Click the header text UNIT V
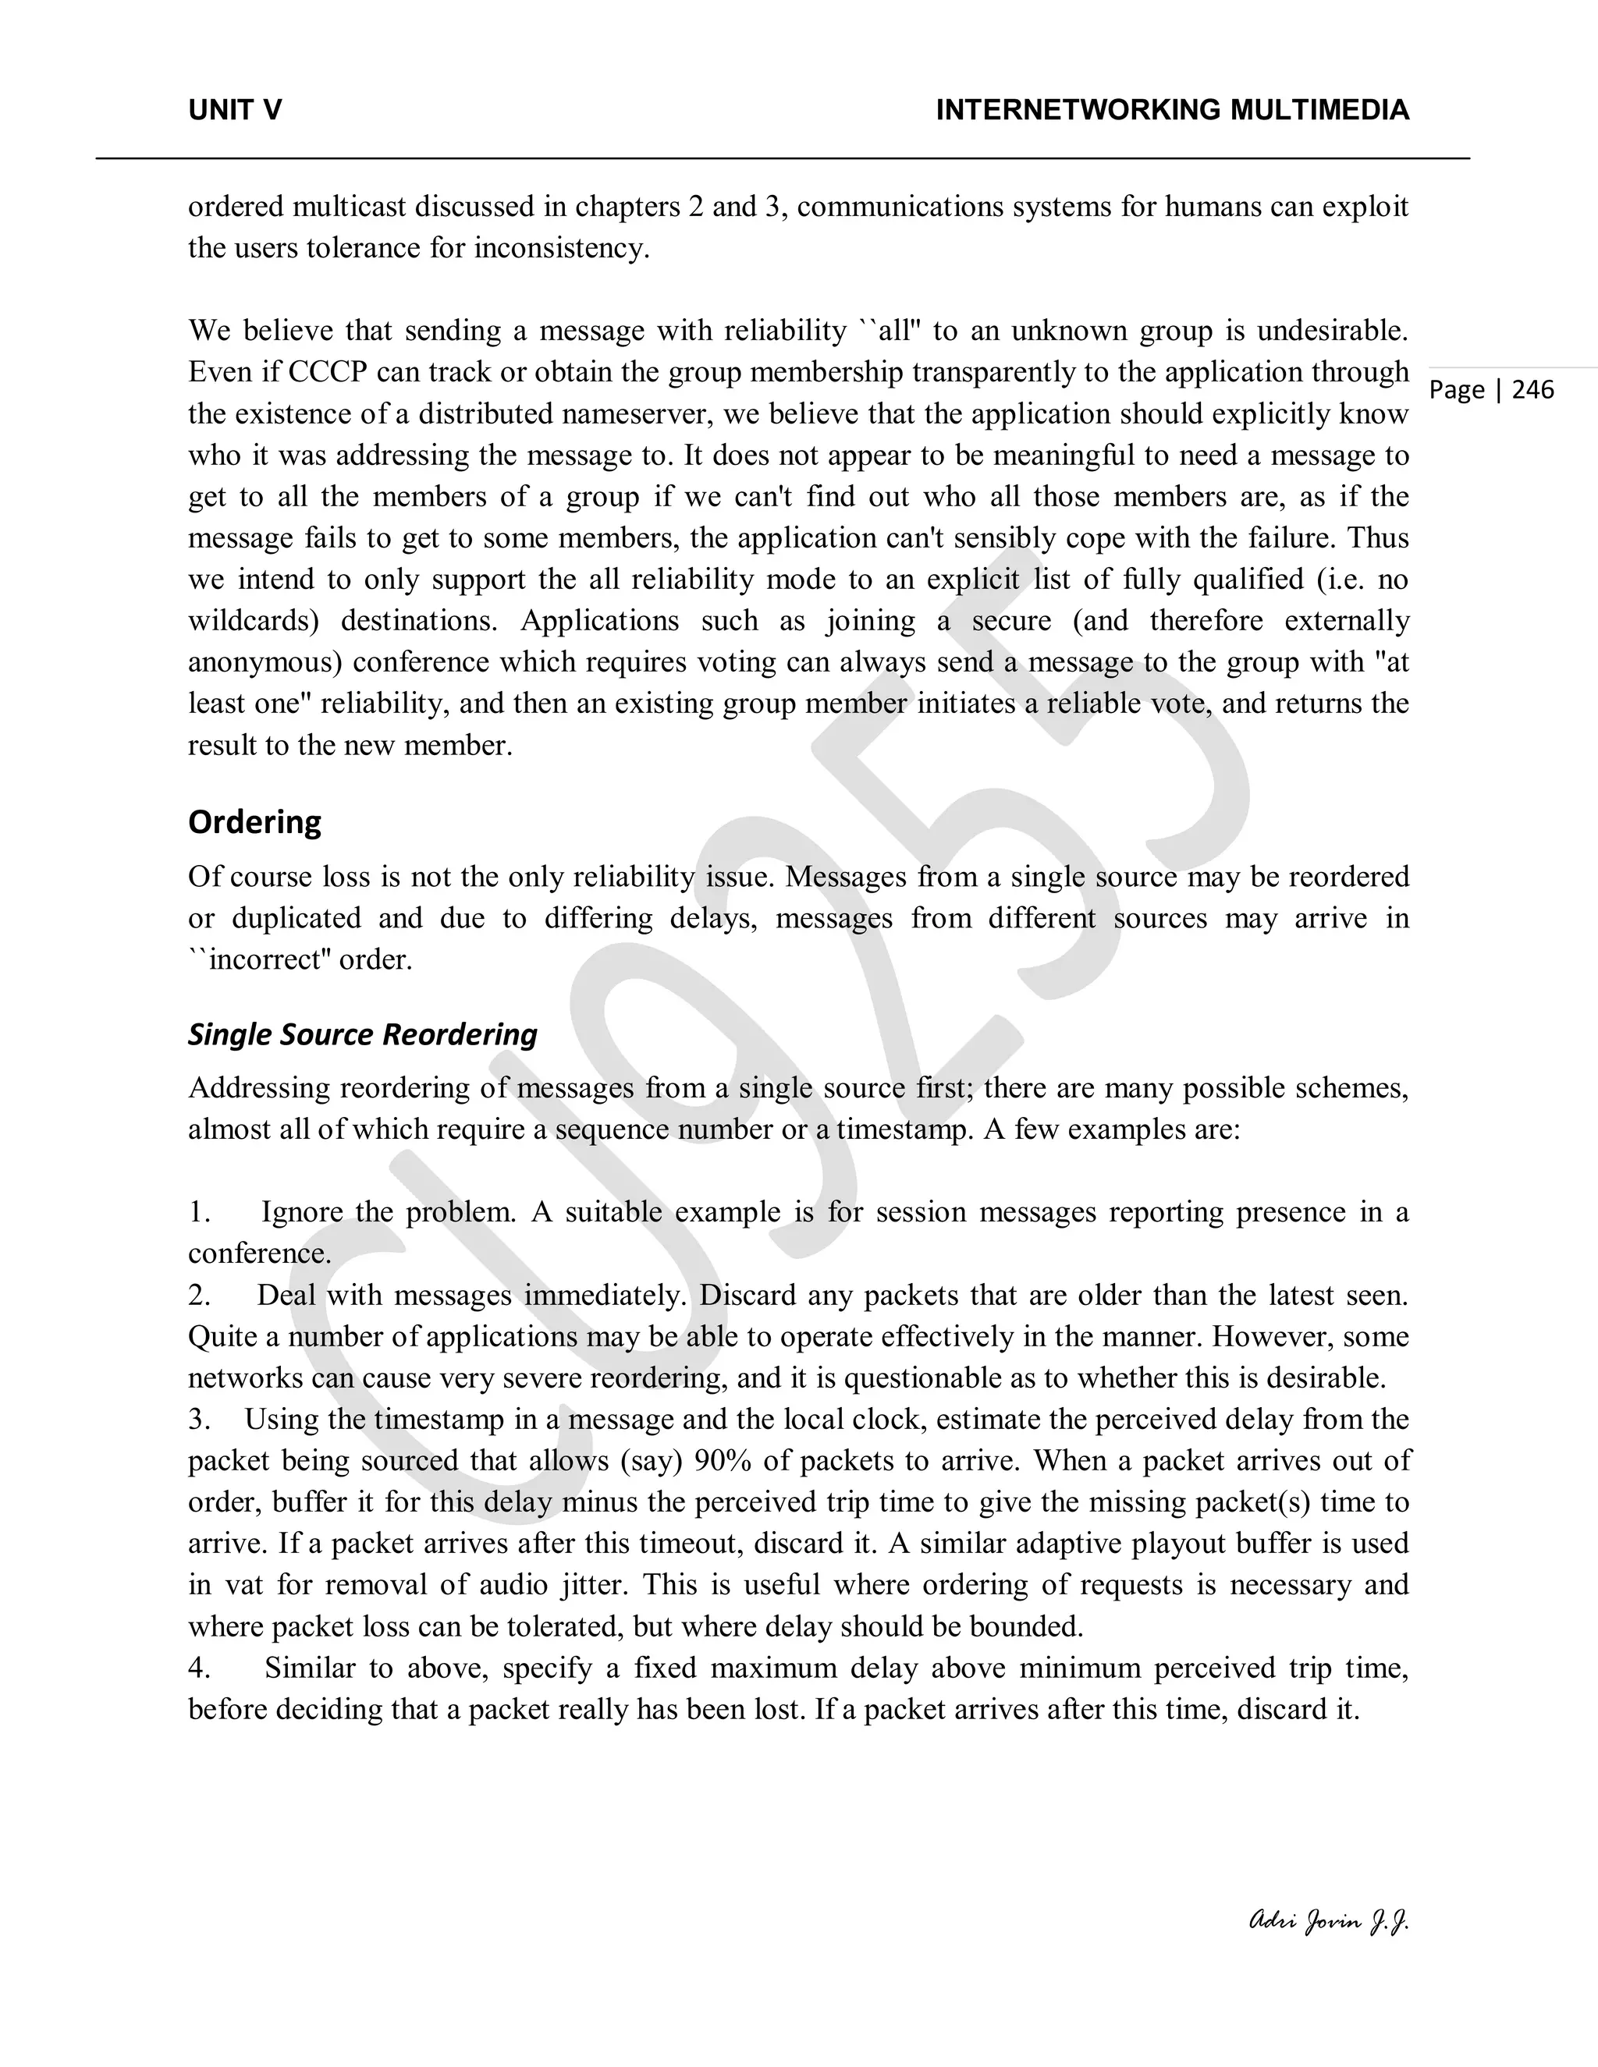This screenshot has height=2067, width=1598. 235,111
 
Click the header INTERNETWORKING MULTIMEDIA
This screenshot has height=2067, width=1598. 1172,111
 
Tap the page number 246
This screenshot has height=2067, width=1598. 1532,390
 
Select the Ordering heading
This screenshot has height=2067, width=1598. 254,821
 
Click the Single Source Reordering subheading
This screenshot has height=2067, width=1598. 363,1033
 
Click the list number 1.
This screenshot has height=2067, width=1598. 199,1212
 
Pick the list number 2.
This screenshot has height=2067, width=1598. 199,1296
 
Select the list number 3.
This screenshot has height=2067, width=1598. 199,1420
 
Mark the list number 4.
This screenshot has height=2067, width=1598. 199,1668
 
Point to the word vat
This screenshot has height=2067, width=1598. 245,1585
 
